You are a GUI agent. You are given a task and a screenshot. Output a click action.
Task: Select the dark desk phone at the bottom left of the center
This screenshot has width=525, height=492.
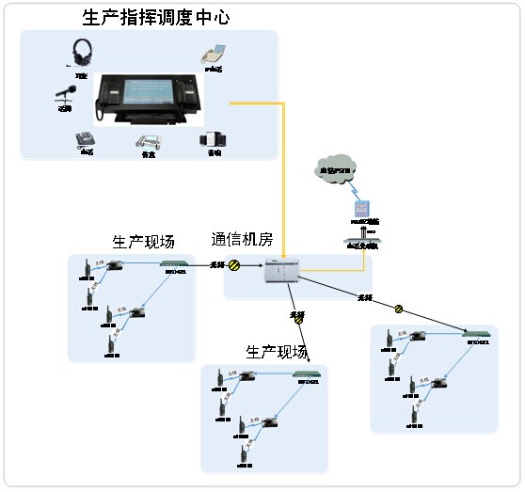85,139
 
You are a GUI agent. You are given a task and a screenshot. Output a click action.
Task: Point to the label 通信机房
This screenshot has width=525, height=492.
242,240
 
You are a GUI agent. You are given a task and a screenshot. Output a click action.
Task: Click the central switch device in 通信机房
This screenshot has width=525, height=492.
281,270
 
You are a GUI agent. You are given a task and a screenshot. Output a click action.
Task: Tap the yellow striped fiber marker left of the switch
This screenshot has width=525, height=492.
235,266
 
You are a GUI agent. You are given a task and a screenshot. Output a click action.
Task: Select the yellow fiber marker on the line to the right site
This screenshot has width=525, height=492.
399,309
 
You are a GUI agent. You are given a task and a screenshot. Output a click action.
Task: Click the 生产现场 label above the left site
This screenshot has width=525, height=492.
143,242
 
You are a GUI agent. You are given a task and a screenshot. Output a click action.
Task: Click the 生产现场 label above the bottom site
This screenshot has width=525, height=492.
277,353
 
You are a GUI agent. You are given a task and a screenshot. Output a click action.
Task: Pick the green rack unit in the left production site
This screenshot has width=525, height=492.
175,264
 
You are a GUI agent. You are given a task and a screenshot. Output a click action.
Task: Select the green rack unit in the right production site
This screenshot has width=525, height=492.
479,333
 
